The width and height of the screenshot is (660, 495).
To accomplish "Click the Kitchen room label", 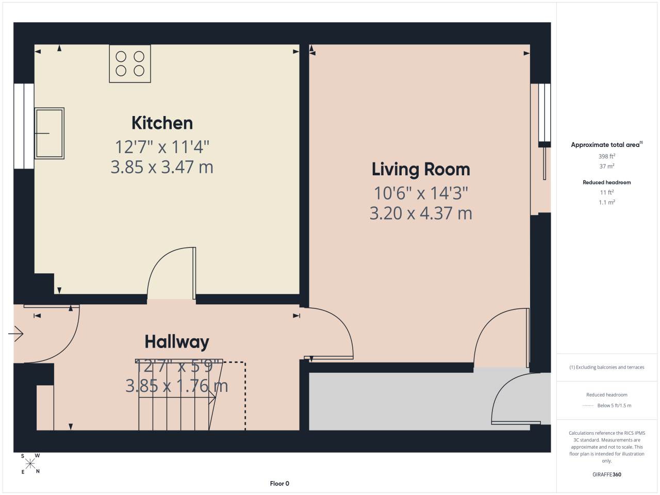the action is (x=162, y=123).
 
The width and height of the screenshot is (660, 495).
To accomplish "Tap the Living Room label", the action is (x=421, y=169).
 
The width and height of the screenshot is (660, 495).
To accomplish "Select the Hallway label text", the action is (x=177, y=342).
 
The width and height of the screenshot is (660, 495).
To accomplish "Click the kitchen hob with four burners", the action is (x=130, y=64).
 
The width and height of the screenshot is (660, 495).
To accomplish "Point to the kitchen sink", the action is (x=49, y=133).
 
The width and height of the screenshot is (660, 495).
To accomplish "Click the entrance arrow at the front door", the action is (x=15, y=334).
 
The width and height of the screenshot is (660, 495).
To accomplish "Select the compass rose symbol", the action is (x=30, y=464).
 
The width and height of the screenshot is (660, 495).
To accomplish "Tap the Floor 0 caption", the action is (x=279, y=484).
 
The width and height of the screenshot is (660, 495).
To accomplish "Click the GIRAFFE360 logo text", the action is (x=607, y=474).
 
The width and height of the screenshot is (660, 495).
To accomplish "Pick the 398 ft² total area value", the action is (x=607, y=156).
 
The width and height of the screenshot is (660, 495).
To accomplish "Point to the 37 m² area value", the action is (x=607, y=166).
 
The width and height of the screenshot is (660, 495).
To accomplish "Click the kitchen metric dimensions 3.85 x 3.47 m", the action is (x=162, y=167).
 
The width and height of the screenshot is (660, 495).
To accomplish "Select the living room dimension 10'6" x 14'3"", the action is (x=421, y=193).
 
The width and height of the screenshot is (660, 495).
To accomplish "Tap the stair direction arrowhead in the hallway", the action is (x=212, y=399).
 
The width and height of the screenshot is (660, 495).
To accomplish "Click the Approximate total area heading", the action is (x=607, y=144).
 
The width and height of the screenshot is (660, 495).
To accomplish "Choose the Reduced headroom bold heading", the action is (x=607, y=183).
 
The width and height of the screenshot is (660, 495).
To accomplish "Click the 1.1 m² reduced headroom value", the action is (x=607, y=202).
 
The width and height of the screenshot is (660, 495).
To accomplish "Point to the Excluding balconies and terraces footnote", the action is (x=607, y=367).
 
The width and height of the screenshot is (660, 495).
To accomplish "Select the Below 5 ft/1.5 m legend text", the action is (x=614, y=405).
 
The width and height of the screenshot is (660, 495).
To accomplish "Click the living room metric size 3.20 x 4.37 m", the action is (x=421, y=213).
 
